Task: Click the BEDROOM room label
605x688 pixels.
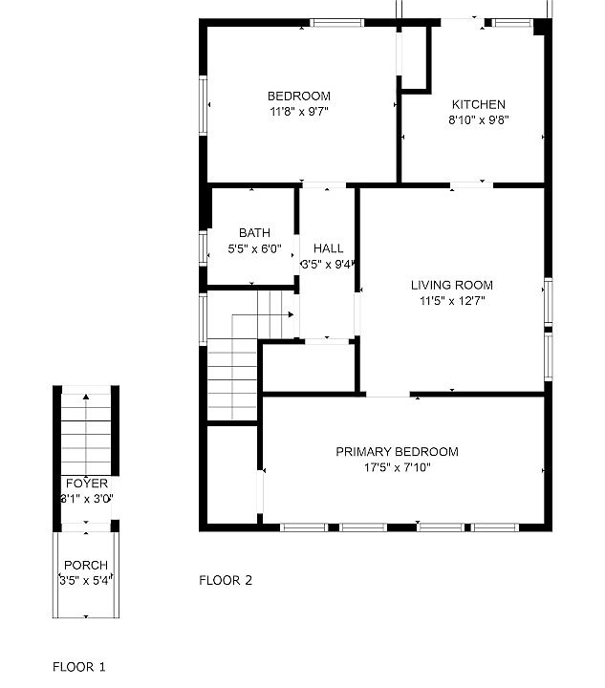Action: pos(298,96)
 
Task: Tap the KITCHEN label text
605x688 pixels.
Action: pos(478,104)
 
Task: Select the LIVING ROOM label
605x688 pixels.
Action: pos(452,285)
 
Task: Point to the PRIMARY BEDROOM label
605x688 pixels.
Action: pos(397,452)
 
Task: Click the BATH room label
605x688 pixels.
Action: pos(254,232)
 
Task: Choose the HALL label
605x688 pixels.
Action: pos(328,249)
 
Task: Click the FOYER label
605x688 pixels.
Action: pos(86,484)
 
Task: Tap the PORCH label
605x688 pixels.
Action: pos(86,566)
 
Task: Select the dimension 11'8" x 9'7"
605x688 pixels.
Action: pos(298,111)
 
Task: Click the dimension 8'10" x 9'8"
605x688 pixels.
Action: pos(478,120)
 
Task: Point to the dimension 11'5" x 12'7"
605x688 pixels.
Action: pos(452,301)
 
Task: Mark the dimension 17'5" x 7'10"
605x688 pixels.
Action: pos(397,468)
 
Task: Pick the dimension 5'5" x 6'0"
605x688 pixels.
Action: pos(254,248)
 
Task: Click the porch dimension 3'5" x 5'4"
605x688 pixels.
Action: pos(86,581)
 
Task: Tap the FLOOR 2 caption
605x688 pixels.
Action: pos(226,580)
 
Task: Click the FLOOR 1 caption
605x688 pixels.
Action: pos(79,666)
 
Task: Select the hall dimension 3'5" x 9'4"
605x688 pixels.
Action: pos(328,265)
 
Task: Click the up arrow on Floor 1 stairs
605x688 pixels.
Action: pos(87,397)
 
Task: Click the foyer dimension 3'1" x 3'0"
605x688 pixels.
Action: pos(86,499)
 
